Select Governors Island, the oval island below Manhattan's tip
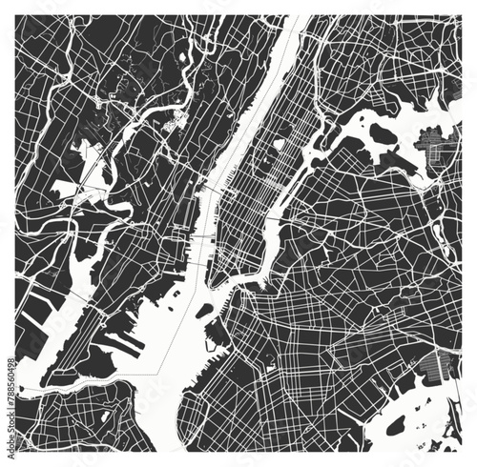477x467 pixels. pyautogui.click(x=203, y=312)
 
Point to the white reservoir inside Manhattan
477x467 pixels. pyautogui.click(x=280, y=146)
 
